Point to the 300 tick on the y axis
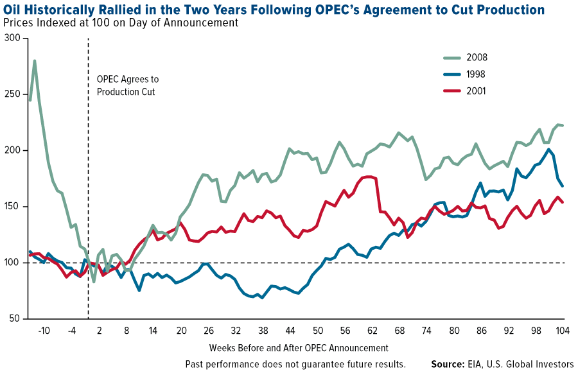click(x=13, y=39)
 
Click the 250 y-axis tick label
click(x=13, y=94)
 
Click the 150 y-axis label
click(x=13, y=207)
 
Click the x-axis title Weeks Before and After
click(x=299, y=348)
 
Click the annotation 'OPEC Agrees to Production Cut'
click(x=127, y=85)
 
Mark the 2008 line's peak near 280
click(x=34, y=61)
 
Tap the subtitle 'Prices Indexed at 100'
click(x=121, y=23)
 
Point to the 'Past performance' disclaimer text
click(x=295, y=364)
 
